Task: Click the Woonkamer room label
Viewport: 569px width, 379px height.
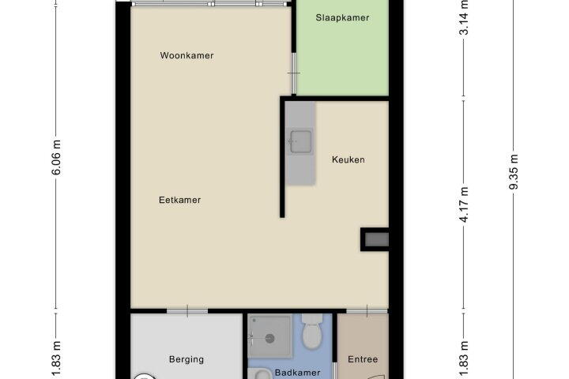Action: click(187, 55)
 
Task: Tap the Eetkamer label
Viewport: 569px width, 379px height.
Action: click(179, 200)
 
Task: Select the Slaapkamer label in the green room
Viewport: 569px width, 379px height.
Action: click(342, 18)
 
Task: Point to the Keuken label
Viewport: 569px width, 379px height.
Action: click(348, 159)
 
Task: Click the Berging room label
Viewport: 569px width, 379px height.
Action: click(187, 359)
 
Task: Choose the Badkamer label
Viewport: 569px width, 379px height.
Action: click(297, 373)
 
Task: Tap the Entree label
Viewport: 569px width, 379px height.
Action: click(363, 359)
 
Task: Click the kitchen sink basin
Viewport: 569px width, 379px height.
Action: click(300, 141)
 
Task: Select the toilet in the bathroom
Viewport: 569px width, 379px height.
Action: click(312, 331)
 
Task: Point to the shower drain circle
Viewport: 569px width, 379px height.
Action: click(269, 339)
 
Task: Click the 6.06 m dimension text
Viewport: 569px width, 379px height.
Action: click(56, 157)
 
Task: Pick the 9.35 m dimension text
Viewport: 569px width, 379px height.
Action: click(514, 171)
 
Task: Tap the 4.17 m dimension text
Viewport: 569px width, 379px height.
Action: click(464, 204)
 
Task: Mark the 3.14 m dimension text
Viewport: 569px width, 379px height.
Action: click(464, 17)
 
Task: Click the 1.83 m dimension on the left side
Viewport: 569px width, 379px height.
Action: click(56, 359)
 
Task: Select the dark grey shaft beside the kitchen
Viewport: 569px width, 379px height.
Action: click(376, 240)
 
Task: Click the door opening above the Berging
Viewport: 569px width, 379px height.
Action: click(187, 311)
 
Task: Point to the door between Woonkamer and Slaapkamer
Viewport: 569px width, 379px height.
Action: click(294, 73)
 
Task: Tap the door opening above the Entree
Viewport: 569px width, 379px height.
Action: click(367, 311)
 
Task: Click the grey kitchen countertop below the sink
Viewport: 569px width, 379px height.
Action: click(300, 171)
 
